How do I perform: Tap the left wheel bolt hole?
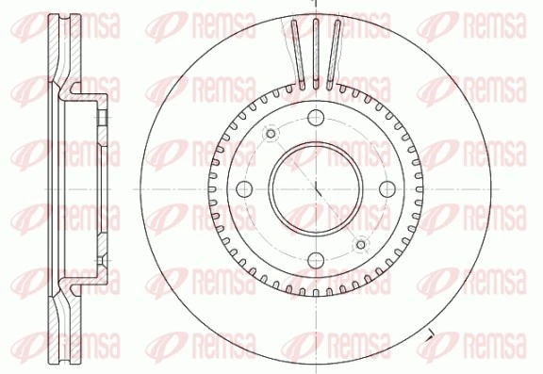point(243,187)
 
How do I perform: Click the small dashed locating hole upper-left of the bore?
point(271,133)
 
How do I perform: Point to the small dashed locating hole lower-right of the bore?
point(360,245)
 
